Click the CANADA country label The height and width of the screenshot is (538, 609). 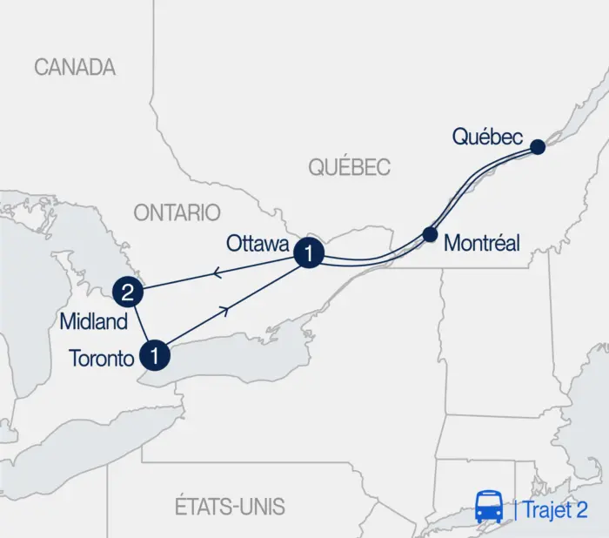click(x=75, y=67)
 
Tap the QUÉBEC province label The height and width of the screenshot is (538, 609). click(x=351, y=167)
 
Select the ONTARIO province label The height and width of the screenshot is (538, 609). click(x=177, y=212)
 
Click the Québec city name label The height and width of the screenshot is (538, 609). click(x=487, y=137)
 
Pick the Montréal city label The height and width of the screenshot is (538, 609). click(x=481, y=244)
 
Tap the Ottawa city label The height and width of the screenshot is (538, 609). click(x=258, y=243)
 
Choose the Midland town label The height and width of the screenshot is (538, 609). click(x=93, y=321)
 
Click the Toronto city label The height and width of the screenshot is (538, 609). click(x=100, y=357)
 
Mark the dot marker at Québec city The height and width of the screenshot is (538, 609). click(x=538, y=147)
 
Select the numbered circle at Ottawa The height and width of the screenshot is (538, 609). click(x=310, y=253)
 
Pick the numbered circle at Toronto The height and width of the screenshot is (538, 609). click(x=154, y=354)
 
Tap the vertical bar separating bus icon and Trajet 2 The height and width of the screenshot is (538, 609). click(x=515, y=509)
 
